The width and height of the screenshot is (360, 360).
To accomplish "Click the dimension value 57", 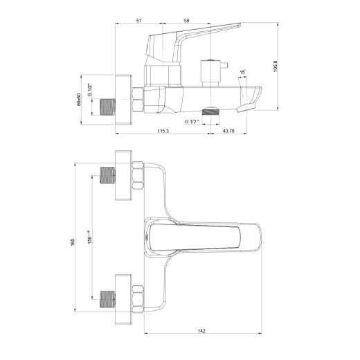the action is coord(138,21).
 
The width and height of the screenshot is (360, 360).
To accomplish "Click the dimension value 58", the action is coord(186,21).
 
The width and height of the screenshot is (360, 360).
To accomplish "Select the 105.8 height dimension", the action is coord(276,66).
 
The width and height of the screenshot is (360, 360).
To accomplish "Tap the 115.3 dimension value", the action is coord(163,131).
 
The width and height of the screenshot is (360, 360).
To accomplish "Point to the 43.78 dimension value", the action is coord(228,131).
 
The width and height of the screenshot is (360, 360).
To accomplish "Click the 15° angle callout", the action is coord(242,72).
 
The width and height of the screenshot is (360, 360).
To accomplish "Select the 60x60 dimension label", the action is coord(79,100).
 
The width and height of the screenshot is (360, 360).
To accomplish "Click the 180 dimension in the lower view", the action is coord(73,242).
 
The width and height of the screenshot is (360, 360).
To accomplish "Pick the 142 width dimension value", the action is coord(201,331).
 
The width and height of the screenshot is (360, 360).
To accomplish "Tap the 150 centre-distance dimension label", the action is coord(89,237).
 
